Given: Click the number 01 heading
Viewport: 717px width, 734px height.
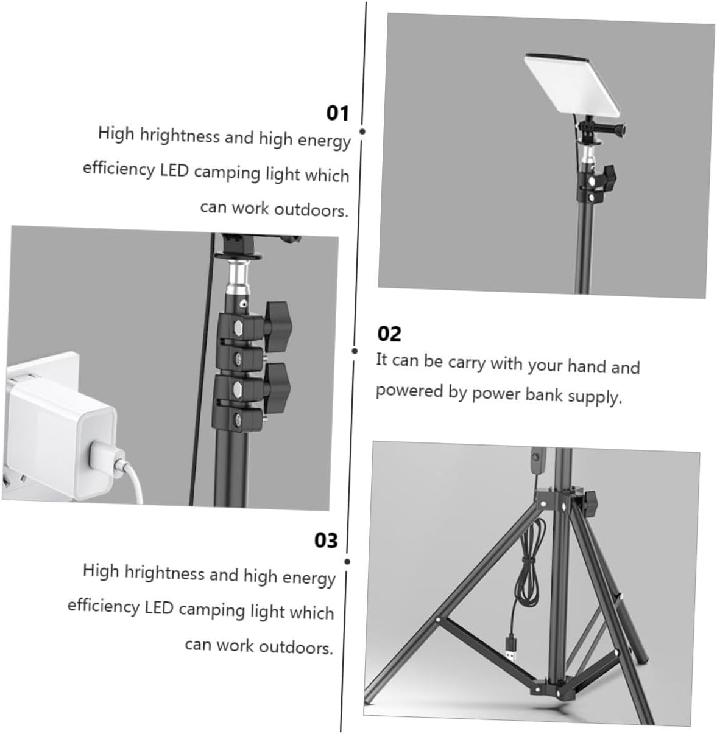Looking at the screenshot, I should [337, 113].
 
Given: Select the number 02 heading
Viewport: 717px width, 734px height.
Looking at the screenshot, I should [389, 334].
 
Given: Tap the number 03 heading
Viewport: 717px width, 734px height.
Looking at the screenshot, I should [325, 540].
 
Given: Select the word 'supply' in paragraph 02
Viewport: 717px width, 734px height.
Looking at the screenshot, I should [595, 397].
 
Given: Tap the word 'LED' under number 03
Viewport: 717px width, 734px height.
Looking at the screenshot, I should [159, 607].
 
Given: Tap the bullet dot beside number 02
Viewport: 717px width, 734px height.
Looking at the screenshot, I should [355, 351].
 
